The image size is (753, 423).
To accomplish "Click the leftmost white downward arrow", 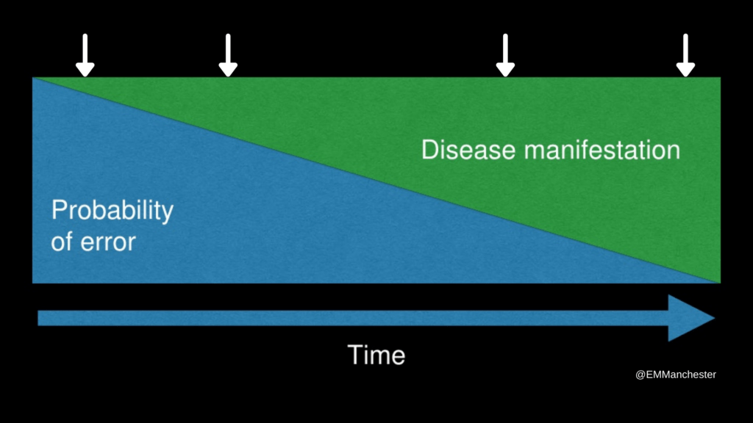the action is pos(85,55).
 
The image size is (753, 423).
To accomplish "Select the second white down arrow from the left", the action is pos(228,55).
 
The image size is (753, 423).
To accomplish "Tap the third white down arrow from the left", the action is pos(505,55).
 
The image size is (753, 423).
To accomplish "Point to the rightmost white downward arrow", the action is pos(685,55).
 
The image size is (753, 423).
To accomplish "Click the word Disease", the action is pos(468,150).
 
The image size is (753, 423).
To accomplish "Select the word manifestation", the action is pos(602,150).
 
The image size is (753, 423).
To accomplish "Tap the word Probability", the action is pos(113,211).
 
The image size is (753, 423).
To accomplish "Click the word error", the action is pos(108,242).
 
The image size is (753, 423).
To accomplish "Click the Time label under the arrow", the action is pos(376,355).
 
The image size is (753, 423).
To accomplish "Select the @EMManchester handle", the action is pos(676,375).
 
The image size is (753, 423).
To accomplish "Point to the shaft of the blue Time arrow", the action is pos(353,318).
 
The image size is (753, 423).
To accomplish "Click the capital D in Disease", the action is pos(429,150).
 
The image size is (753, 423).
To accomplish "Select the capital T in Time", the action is pos(356,355).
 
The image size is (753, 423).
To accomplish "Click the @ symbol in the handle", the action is pos(640,375).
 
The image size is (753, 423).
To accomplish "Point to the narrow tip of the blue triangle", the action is pos(719,283).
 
